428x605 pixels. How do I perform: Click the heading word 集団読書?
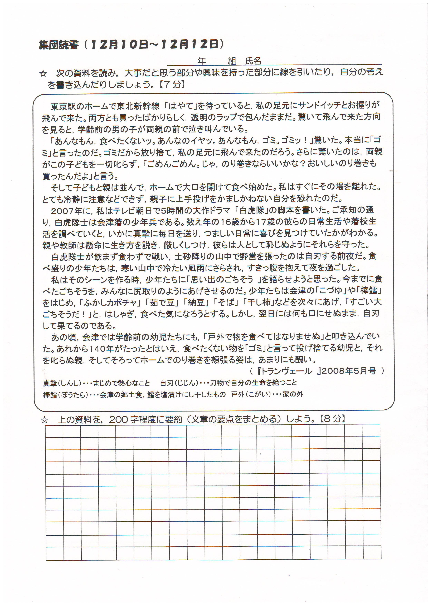click(59, 45)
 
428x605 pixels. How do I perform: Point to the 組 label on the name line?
click(232, 61)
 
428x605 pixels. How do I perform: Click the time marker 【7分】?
click(172, 85)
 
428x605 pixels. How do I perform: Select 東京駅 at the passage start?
click(63, 106)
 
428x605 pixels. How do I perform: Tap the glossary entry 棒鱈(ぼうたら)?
click(66, 394)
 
